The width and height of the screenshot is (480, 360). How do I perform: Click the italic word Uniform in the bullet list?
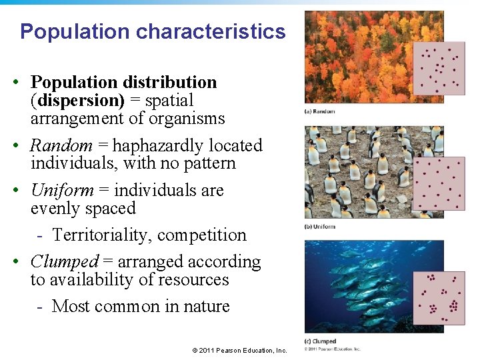[62, 190]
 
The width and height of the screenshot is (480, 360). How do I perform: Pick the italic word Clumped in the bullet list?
[65, 261]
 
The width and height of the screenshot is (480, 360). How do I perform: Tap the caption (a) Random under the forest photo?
[320, 111]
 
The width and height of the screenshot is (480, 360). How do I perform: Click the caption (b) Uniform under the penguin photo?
[320, 227]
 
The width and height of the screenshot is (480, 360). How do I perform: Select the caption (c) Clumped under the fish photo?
[321, 341]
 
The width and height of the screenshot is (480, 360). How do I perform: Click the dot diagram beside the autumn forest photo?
[439, 69]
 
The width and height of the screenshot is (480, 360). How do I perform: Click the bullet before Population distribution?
[14, 83]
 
